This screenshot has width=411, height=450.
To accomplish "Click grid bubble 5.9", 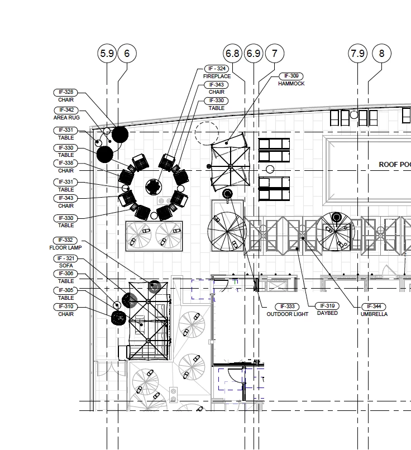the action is point(107,54).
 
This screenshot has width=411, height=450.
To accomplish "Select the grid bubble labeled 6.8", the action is point(232,54).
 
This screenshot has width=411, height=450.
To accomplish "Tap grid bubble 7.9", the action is point(357,54).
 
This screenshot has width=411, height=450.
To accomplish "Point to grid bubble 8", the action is point(382,54).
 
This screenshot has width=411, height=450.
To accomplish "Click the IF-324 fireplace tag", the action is point(217,69).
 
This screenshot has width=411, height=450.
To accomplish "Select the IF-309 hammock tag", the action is point(291,76).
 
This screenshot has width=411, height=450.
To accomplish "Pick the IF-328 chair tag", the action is point(66,93).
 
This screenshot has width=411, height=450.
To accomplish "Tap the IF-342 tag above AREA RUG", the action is point(66,110).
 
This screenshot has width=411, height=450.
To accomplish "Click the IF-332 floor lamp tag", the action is point(65,240).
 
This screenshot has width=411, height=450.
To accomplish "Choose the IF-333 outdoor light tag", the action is point(287,307).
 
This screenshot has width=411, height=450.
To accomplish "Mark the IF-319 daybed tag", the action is point(327,306).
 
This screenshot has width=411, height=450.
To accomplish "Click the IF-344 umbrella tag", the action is point(374,307).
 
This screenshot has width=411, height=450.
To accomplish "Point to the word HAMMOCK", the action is point(291,84).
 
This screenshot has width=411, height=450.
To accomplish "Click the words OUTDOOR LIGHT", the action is point(287,314).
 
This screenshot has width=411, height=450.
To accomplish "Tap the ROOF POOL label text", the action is point(395,165).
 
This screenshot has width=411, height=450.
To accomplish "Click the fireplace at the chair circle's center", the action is point(154,187).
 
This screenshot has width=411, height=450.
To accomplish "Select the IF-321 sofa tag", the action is point(66,258).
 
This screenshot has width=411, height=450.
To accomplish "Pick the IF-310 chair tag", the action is point(66,307).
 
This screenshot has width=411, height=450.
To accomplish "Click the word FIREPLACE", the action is point(217,76).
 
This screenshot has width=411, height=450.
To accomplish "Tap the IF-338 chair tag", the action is point(66,163).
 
